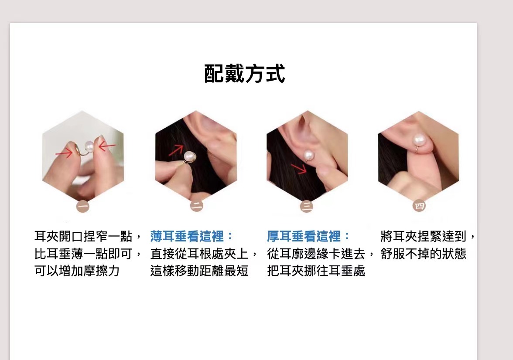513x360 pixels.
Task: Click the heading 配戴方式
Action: (x=244, y=73)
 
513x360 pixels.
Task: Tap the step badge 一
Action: (x=83, y=206)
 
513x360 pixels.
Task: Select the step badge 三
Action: (x=307, y=206)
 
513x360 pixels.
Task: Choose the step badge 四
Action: (x=419, y=206)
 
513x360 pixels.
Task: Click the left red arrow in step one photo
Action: (x=64, y=153)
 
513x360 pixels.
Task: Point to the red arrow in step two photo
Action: (x=176, y=150)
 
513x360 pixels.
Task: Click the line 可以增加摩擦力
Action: (x=77, y=271)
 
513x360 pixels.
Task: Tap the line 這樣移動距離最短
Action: (x=199, y=271)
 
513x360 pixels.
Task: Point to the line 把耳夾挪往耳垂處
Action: (x=316, y=271)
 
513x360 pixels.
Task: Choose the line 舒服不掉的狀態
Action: (x=423, y=254)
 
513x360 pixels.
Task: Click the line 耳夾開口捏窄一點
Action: (x=83, y=236)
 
